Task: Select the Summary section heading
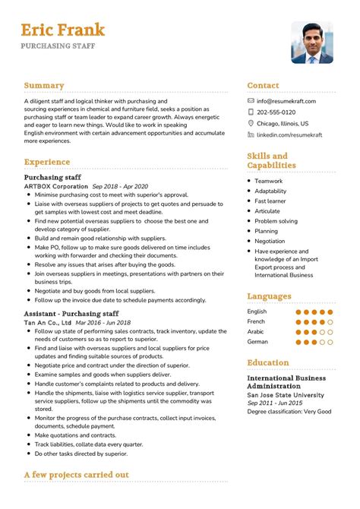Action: click(44, 86)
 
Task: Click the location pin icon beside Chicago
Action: click(251, 123)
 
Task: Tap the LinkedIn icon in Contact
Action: click(251, 134)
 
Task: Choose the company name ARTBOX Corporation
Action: click(55, 185)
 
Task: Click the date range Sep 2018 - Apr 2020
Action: click(120, 185)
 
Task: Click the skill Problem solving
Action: click(276, 221)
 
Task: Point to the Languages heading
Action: click(269, 296)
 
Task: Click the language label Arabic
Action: click(257, 331)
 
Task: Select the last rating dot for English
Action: click(332, 311)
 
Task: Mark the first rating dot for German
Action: click(298, 342)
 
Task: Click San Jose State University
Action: click(286, 395)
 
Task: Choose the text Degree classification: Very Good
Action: click(289, 412)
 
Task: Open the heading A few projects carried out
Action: click(76, 475)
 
